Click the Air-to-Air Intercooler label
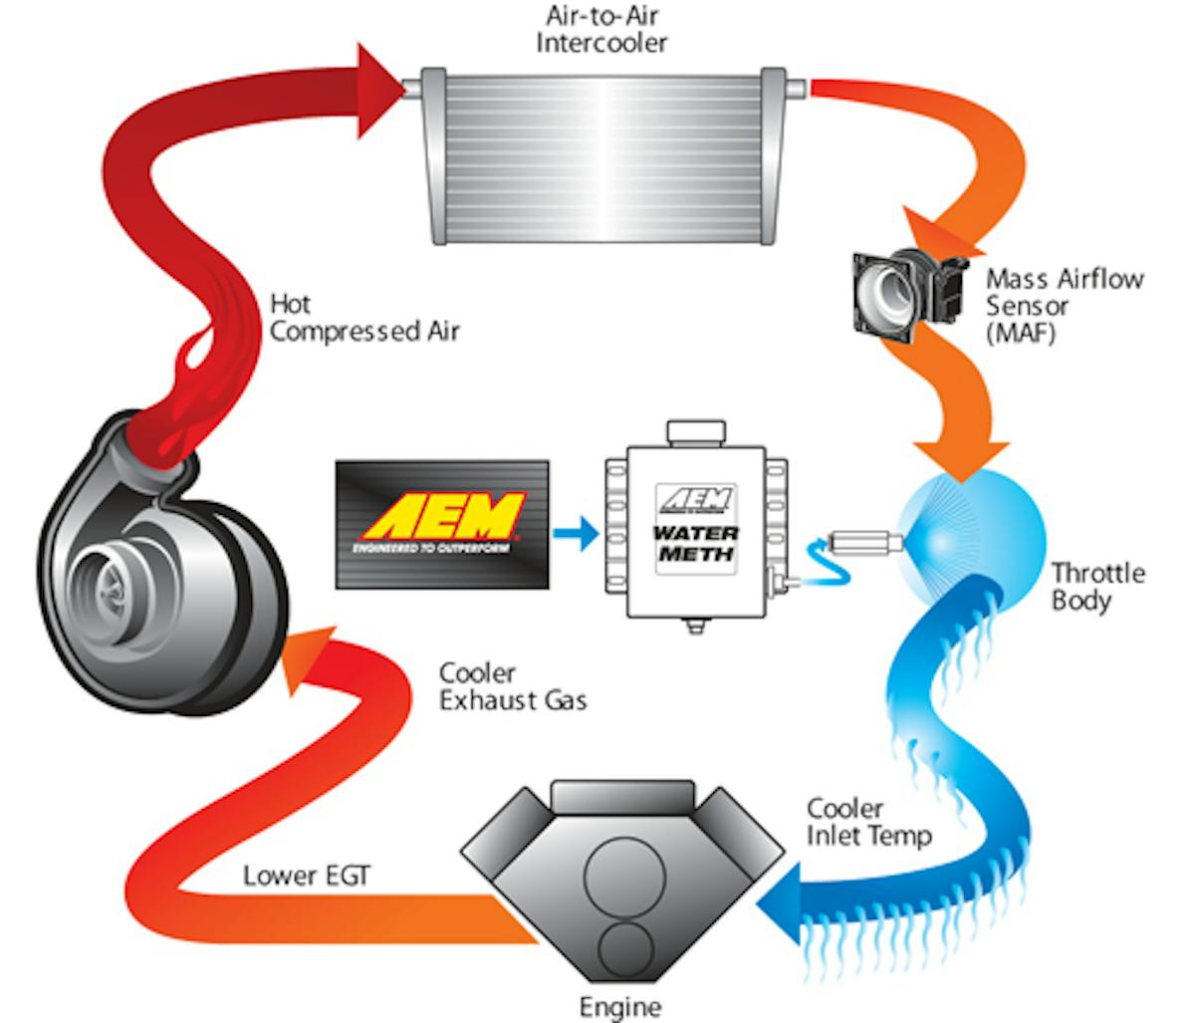tap(600, 30)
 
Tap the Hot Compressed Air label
tap(364, 317)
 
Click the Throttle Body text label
tap(1097, 587)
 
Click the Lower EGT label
tap(306, 877)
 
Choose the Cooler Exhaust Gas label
tap(513, 687)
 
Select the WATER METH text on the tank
tap(695, 543)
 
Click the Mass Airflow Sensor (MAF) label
tap(1063, 306)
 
